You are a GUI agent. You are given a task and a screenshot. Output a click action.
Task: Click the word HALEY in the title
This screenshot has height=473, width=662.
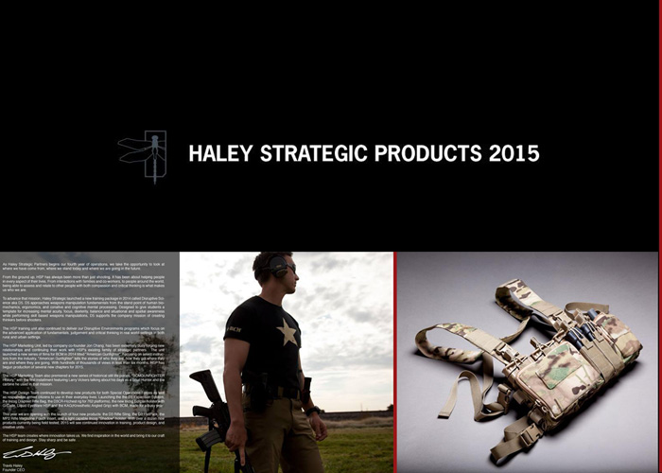pos(220,153)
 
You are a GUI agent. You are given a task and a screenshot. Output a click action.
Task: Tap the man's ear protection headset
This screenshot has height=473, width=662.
pos(277,268)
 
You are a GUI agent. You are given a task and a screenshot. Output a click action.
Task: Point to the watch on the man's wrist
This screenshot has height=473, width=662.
pos(311,412)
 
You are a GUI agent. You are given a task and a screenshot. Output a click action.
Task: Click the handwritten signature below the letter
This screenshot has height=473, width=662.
pos(24,454)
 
